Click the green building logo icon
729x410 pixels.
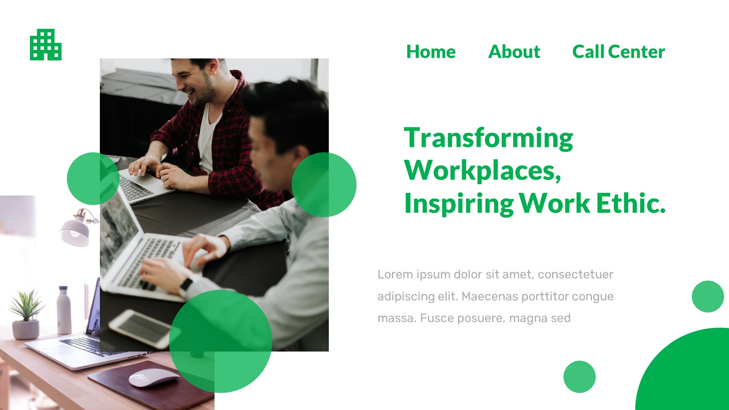click(x=46, y=45)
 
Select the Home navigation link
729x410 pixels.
click(x=431, y=52)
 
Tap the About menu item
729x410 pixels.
click(x=514, y=52)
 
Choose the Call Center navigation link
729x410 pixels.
click(x=619, y=52)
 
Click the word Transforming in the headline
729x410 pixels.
click(x=488, y=138)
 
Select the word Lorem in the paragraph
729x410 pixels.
click(x=395, y=274)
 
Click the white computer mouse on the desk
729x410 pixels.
click(x=153, y=378)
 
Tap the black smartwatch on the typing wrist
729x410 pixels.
click(x=186, y=284)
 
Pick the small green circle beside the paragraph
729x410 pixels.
click(x=708, y=296)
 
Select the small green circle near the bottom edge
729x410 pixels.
click(x=579, y=377)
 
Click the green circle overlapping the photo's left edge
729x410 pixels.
click(x=93, y=178)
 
